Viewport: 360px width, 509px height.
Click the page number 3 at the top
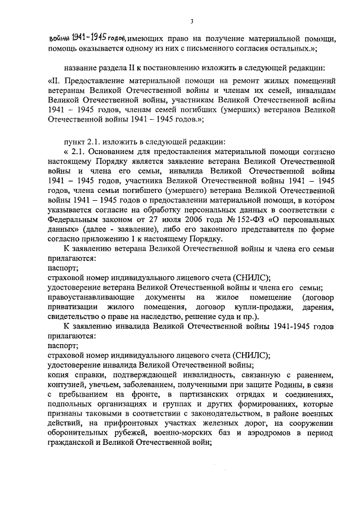(192, 21)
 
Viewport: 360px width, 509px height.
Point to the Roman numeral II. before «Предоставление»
(55, 82)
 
